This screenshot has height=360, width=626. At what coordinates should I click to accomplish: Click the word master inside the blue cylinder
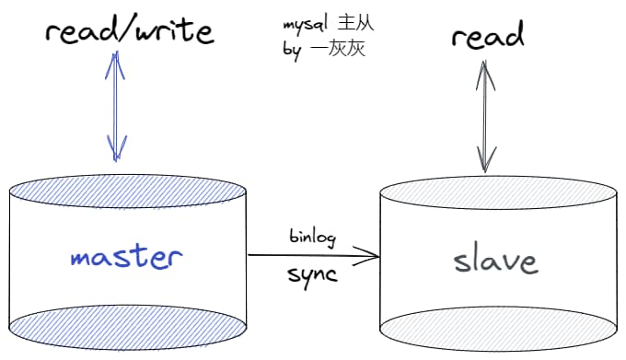(x=126, y=256)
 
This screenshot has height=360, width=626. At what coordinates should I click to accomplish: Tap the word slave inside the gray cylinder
(x=494, y=261)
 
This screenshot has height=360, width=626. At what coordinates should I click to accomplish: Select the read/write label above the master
(x=130, y=33)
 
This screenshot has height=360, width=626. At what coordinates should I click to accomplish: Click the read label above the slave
(x=487, y=36)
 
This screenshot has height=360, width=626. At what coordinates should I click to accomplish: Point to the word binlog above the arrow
(x=313, y=237)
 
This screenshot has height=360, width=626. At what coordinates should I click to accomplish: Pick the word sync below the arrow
(x=313, y=273)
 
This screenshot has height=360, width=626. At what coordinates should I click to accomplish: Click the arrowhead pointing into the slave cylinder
(x=373, y=255)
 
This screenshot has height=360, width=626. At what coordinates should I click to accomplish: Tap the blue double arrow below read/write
(x=116, y=106)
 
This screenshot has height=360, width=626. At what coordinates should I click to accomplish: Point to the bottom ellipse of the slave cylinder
(x=498, y=325)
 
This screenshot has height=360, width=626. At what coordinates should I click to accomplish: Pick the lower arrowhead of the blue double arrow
(x=116, y=147)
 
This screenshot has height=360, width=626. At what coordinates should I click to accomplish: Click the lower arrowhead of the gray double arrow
(x=482, y=161)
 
